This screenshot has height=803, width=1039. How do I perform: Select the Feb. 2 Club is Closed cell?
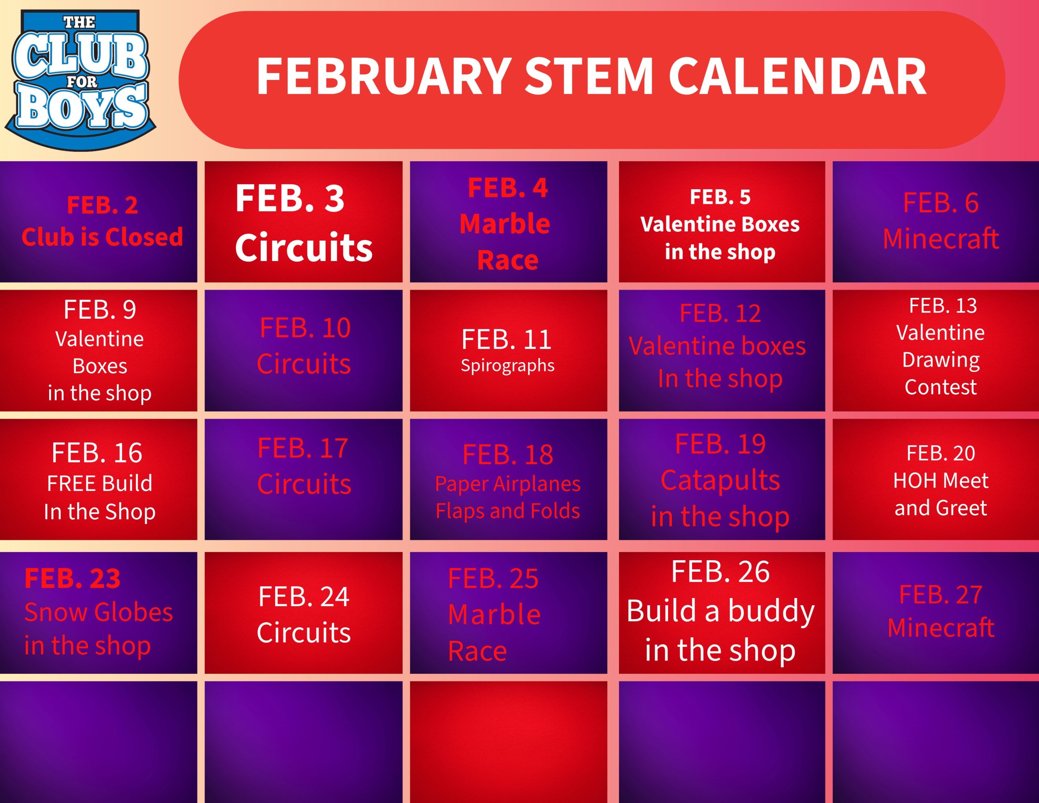pos(99,222)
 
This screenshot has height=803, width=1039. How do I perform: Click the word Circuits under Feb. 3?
pos(304,248)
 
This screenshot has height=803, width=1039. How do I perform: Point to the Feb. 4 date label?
pos(508,188)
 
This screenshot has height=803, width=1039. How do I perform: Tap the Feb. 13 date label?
pos(942,306)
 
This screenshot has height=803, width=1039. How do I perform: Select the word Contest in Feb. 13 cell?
pos(940,387)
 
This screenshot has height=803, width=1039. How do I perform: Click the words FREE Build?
pos(99,484)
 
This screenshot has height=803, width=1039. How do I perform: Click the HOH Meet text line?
pos(940,481)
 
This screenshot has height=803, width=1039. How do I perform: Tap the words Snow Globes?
pos(99,612)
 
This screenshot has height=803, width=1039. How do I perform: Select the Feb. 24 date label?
pos(304,597)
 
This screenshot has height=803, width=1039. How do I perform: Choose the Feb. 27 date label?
pos(940,594)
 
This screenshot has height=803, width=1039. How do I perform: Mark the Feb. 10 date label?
pos(305,328)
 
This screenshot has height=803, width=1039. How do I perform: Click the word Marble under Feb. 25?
pos(494,615)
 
